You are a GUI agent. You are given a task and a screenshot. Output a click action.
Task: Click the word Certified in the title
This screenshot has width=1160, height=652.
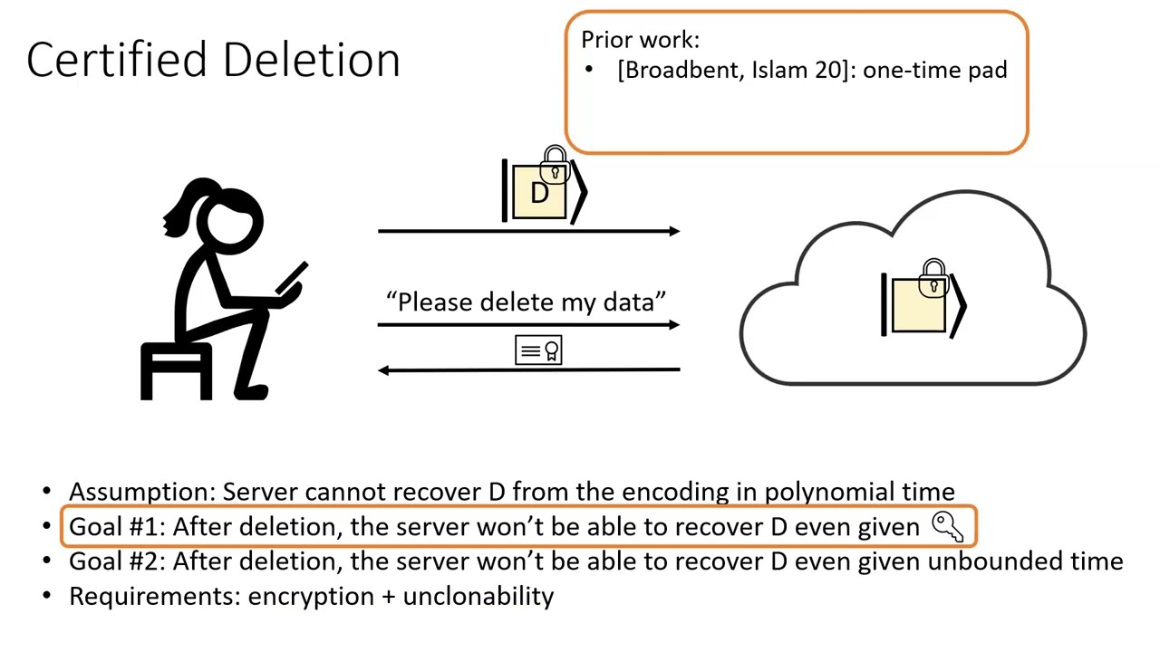click(x=119, y=60)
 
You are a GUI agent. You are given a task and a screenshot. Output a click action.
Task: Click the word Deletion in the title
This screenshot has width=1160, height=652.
click(x=311, y=60)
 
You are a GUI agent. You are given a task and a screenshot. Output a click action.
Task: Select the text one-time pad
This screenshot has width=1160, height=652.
click(x=934, y=71)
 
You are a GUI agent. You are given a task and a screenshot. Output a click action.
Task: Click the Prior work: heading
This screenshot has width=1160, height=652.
click(x=640, y=40)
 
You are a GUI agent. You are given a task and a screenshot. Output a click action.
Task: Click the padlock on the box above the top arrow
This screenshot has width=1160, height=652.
click(x=554, y=166)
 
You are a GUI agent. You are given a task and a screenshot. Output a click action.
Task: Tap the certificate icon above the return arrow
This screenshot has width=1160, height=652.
click(x=538, y=350)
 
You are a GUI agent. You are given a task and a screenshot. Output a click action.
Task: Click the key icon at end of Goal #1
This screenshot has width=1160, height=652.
click(x=947, y=526)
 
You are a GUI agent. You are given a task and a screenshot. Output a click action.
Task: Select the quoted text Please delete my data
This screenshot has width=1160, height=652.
click(x=527, y=302)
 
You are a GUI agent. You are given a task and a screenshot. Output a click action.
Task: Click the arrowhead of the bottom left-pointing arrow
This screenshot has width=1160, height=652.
click(x=384, y=369)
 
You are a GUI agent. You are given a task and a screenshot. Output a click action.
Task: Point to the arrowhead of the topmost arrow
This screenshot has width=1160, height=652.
click(x=673, y=232)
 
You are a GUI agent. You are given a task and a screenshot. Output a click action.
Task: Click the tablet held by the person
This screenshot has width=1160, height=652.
click(x=292, y=278)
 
